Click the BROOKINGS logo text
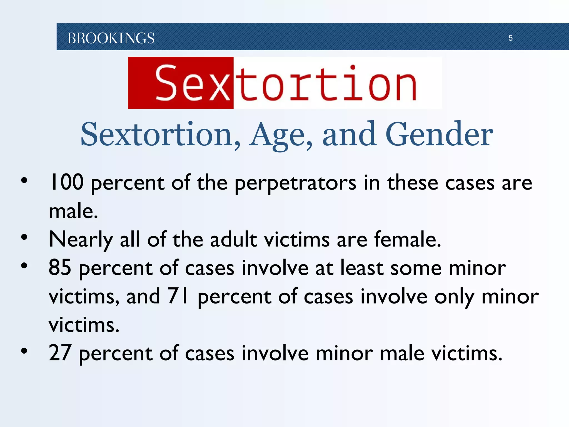pyautogui.click(x=111, y=38)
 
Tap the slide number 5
pyautogui.click(x=510, y=38)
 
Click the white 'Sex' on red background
pyautogui.click(x=193, y=83)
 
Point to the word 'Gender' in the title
pyautogui.click(x=439, y=135)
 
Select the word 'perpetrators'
pyautogui.click(x=295, y=183)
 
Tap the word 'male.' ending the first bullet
pyautogui.click(x=73, y=211)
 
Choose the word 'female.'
pyautogui.click(x=408, y=239)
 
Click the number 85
pyautogui.click(x=60, y=268)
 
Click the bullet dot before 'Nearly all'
pyautogui.click(x=24, y=237)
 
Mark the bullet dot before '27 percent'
pyautogui.click(x=24, y=351)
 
